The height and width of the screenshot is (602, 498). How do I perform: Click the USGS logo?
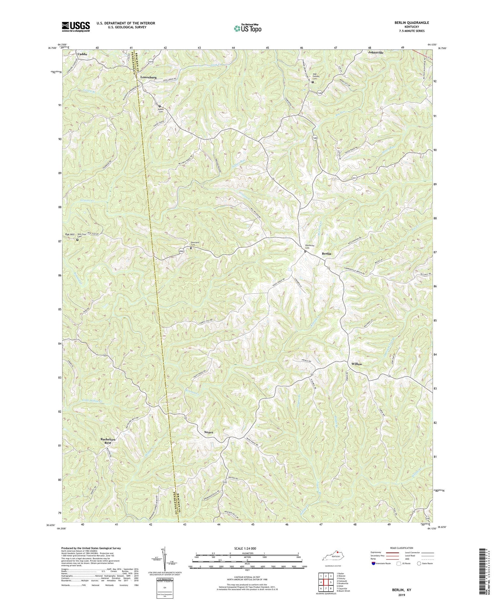(x=75, y=27)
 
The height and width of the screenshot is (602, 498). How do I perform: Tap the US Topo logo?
(x=247, y=28)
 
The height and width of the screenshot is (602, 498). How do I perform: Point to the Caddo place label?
(x=83, y=54)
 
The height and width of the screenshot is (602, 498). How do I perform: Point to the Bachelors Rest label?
(x=108, y=441)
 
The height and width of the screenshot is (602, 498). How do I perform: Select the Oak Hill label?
(x=70, y=234)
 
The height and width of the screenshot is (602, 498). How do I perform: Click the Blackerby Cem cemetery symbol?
(x=305, y=251)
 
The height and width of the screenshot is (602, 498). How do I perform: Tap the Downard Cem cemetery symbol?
(x=191, y=248)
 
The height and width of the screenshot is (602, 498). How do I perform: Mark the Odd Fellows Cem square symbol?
(x=312, y=82)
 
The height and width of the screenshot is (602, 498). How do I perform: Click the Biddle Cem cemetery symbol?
(x=159, y=106)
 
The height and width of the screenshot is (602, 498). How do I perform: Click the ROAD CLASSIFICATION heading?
(x=402, y=548)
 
